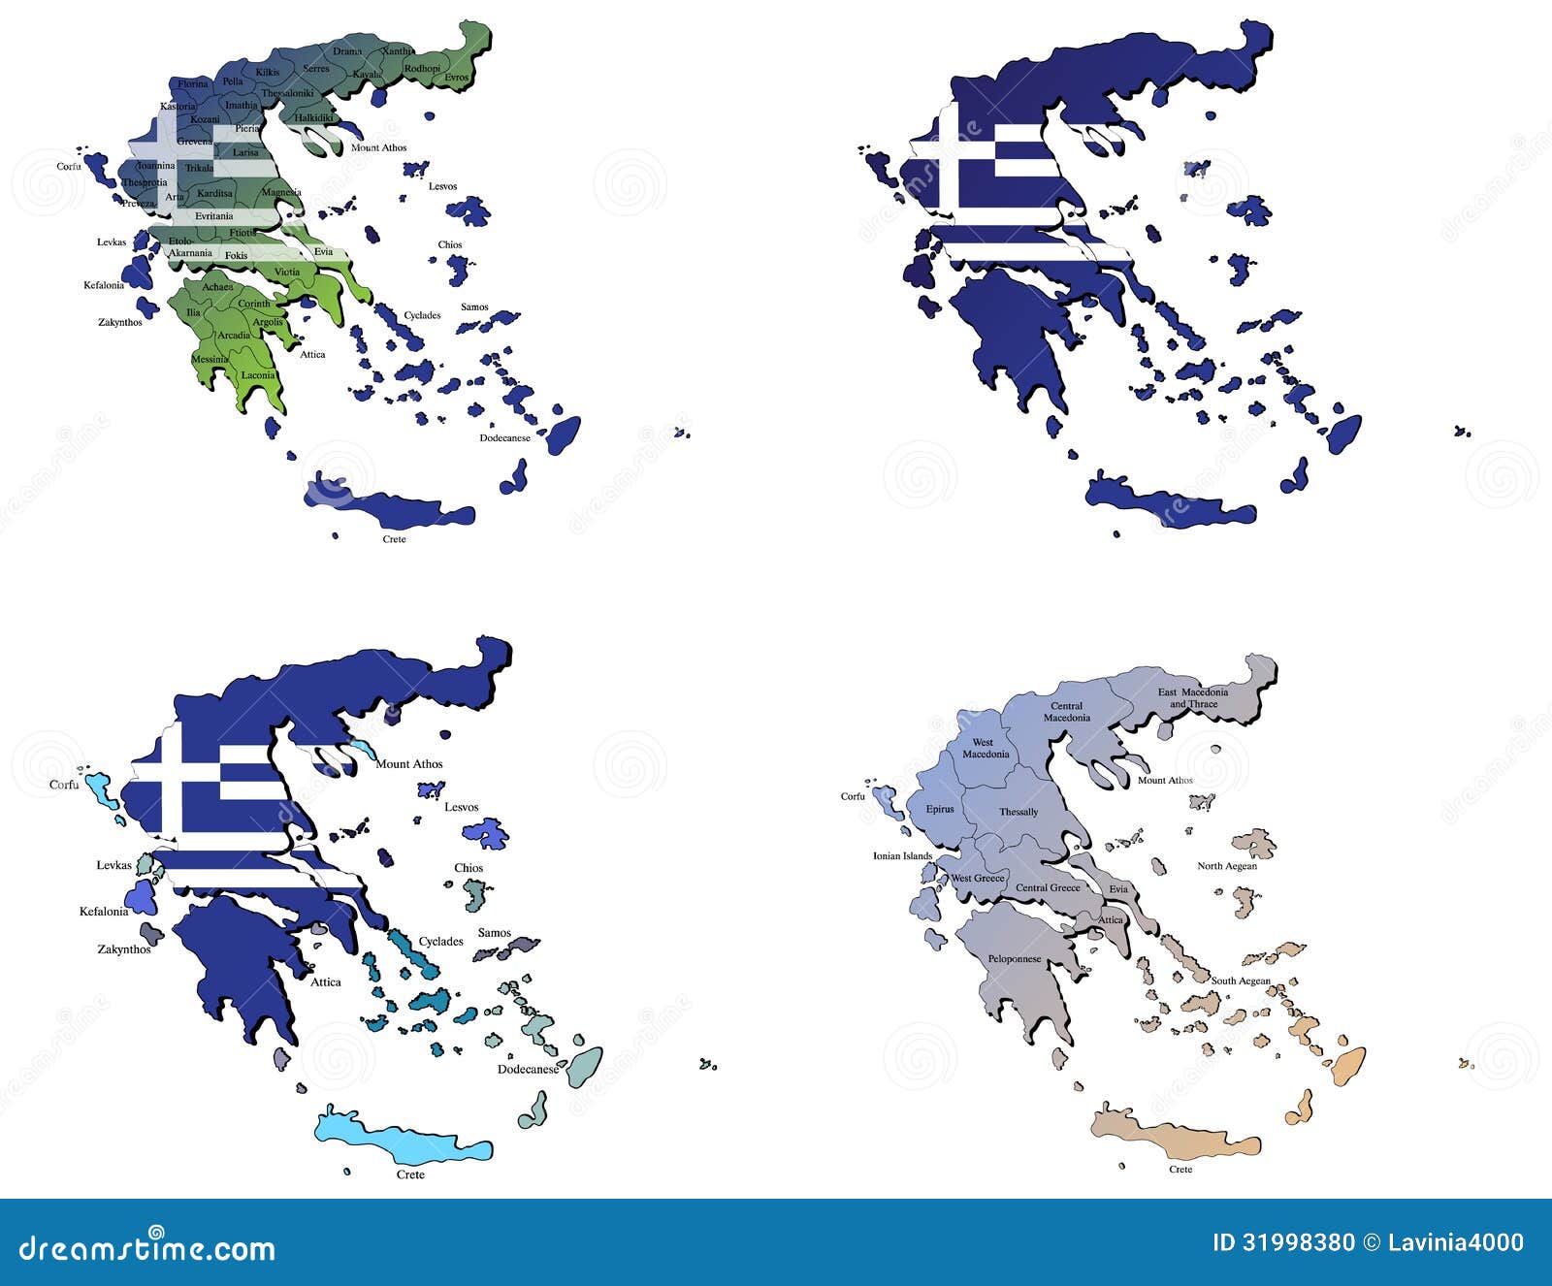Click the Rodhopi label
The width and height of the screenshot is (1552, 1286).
tap(422, 69)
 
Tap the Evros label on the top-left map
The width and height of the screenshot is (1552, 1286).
tap(456, 78)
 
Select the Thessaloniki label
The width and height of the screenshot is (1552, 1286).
tap(287, 93)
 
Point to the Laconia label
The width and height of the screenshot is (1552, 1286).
tap(258, 375)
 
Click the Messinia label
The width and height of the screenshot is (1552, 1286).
tap(210, 359)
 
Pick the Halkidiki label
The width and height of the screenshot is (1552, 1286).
tap(314, 117)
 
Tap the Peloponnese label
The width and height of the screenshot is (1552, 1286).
tap(1015, 959)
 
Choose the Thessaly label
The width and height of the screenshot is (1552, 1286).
tap(1018, 812)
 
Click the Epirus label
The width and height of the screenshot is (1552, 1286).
tap(940, 809)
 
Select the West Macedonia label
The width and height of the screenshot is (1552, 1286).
tap(986, 749)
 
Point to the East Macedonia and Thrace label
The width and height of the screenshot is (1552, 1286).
tap(1192, 697)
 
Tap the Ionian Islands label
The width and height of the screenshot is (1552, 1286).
tap(902, 856)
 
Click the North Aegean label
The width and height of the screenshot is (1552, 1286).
tap(1226, 866)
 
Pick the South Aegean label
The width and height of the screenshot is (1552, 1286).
tap(1240, 981)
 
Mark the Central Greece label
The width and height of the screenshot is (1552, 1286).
tap(1048, 887)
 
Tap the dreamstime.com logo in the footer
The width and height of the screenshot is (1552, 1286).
tap(146, 1247)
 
